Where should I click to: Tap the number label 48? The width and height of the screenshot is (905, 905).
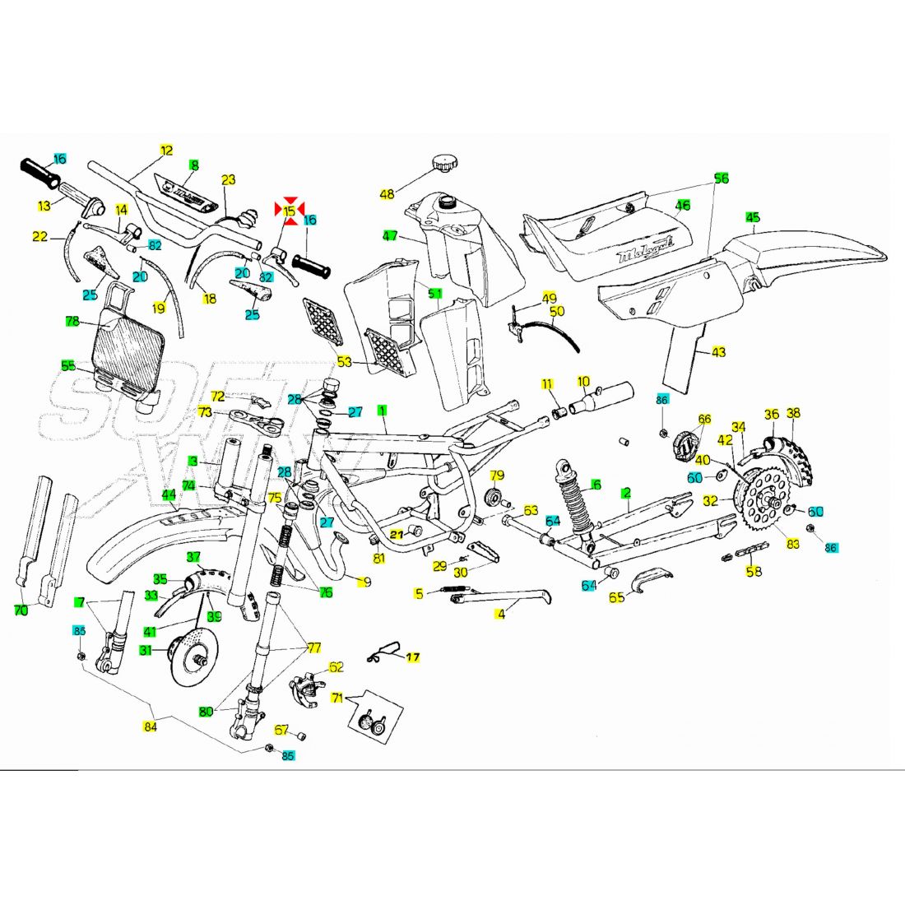tap(387, 194)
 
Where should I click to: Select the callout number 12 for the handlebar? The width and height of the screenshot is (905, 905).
tap(167, 150)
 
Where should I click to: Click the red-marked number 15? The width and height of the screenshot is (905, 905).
tap(289, 211)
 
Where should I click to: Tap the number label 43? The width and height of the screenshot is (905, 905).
tap(719, 352)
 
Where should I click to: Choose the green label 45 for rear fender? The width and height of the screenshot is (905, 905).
tap(753, 217)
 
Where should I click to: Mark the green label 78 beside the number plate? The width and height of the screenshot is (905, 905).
tap(72, 321)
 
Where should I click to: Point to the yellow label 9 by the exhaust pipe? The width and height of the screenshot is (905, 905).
tap(366, 582)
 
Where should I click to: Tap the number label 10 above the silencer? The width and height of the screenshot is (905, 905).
tap(583, 382)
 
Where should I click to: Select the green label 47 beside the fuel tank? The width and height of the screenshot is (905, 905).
tap(389, 237)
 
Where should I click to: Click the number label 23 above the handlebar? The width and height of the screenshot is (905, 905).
tap(229, 179)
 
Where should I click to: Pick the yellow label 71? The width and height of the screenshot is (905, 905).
tap(336, 698)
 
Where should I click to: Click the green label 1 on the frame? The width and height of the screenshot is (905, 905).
tap(382, 409)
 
